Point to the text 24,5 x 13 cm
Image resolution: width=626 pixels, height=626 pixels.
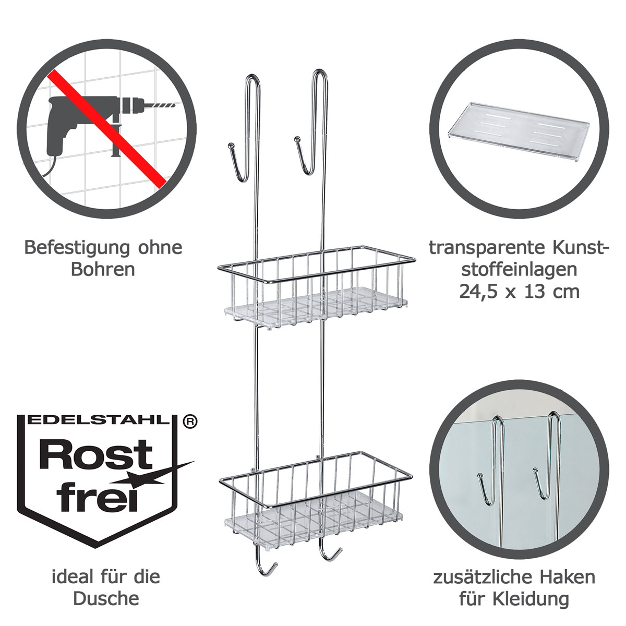click(x=519, y=291)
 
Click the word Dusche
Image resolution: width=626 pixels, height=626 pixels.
click(x=106, y=599)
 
